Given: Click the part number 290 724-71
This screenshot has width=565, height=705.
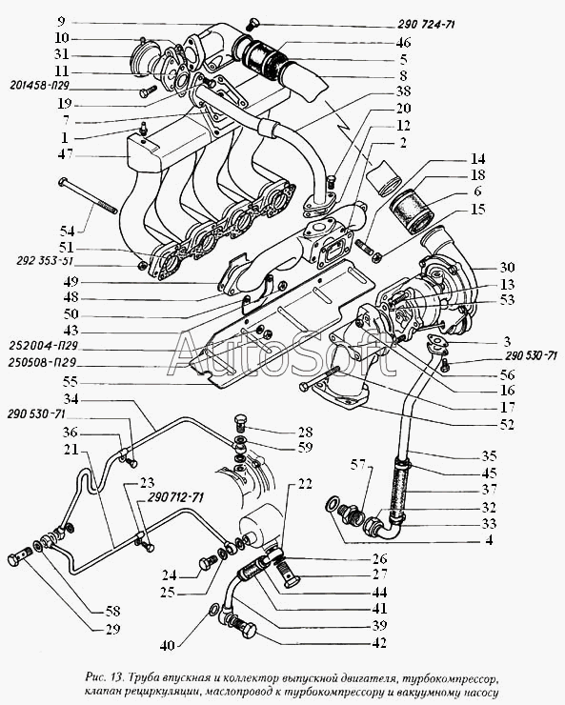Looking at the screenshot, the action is (426, 24).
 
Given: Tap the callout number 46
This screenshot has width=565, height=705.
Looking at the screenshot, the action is (403, 42).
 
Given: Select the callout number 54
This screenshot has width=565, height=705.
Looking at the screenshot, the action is (68, 232).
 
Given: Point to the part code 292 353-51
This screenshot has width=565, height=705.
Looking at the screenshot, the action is (45, 261).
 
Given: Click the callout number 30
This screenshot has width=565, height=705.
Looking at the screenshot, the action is (507, 267).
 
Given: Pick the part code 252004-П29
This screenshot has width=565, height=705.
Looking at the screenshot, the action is (43, 346).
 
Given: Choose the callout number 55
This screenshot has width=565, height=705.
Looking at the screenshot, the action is (71, 382).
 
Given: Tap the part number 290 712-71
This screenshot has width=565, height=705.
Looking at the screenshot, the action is (175, 497).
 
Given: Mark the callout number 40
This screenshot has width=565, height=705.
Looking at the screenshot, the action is (167, 646).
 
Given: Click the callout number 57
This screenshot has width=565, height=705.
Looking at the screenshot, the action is (358, 465).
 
